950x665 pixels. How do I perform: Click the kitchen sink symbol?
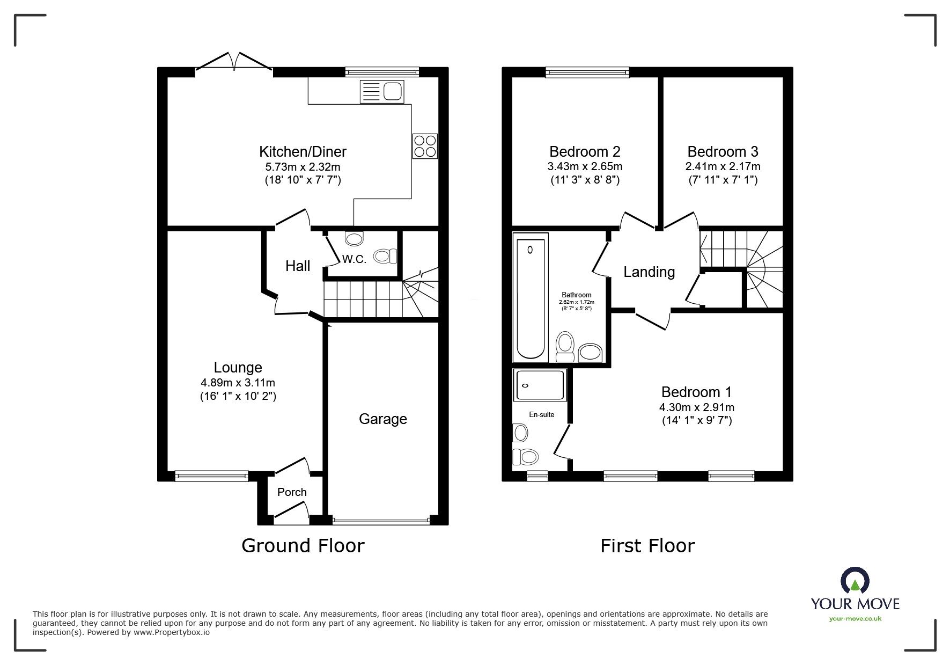click(x=382, y=92)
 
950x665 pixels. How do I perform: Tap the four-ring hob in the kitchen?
click(x=425, y=146)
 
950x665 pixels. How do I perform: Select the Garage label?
click(x=383, y=419)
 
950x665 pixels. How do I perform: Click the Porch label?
click(x=292, y=492)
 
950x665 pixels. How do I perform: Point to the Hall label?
click(x=298, y=266)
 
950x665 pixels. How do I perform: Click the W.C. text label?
click(x=354, y=259)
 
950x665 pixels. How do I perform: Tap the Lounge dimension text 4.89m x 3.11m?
click(x=238, y=383)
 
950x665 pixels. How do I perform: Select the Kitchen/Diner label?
click(x=303, y=151)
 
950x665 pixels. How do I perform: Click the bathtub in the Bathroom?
click(x=531, y=298)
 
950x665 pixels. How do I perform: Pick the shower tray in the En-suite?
click(x=540, y=385)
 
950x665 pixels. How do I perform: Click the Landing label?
click(x=649, y=272)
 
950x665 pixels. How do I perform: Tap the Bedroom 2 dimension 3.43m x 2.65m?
click(x=585, y=166)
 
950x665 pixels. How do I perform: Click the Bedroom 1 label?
click(x=696, y=392)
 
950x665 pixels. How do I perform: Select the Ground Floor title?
click(x=303, y=546)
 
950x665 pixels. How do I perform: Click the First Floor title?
click(x=647, y=546)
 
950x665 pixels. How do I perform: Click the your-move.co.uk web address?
click(x=855, y=619)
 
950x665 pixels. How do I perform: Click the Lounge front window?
click(x=212, y=475)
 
